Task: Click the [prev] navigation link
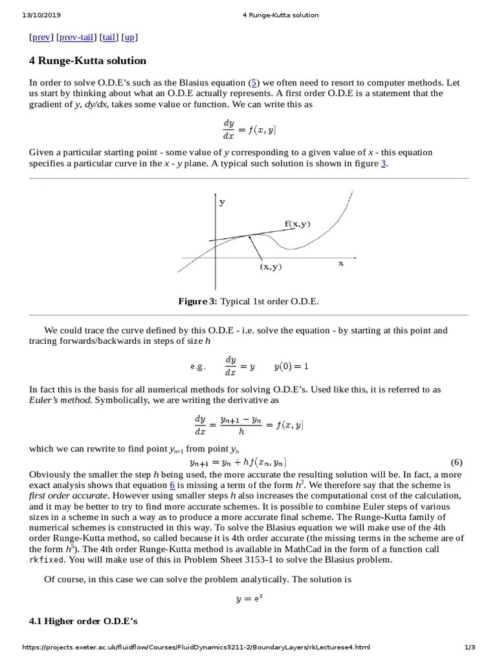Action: click(41, 38)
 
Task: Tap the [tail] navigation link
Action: click(109, 38)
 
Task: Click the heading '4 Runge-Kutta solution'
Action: click(88, 61)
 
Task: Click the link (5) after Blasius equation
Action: click(255, 83)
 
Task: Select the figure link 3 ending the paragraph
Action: click(383, 164)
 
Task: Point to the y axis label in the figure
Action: click(222, 202)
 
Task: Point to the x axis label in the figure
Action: click(341, 263)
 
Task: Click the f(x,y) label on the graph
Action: click(298, 224)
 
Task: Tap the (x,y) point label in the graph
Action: click(271, 266)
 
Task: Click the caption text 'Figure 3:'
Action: click(198, 302)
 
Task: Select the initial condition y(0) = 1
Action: click(291, 366)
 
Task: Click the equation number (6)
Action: click(457, 462)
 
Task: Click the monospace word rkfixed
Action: click(49, 560)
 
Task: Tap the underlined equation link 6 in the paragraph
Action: click(172, 485)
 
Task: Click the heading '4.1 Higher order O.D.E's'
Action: click(83, 622)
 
